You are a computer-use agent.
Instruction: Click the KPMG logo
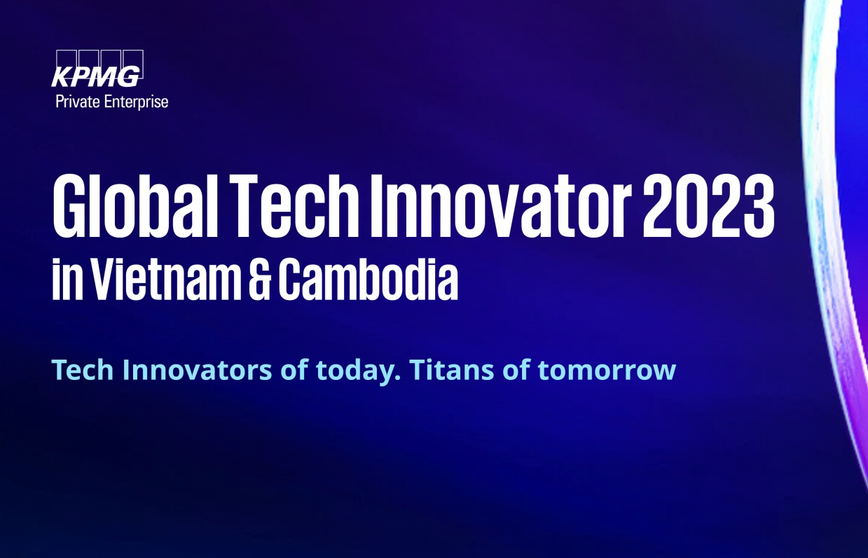[x=97, y=69]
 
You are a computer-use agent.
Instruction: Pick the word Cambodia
[x=368, y=278]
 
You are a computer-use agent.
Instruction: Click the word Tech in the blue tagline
[x=83, y=369]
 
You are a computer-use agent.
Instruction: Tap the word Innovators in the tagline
[x=198, y=369]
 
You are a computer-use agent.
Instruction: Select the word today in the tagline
[x=357, y=372]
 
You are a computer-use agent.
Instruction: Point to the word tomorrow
[x=607, y=370]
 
